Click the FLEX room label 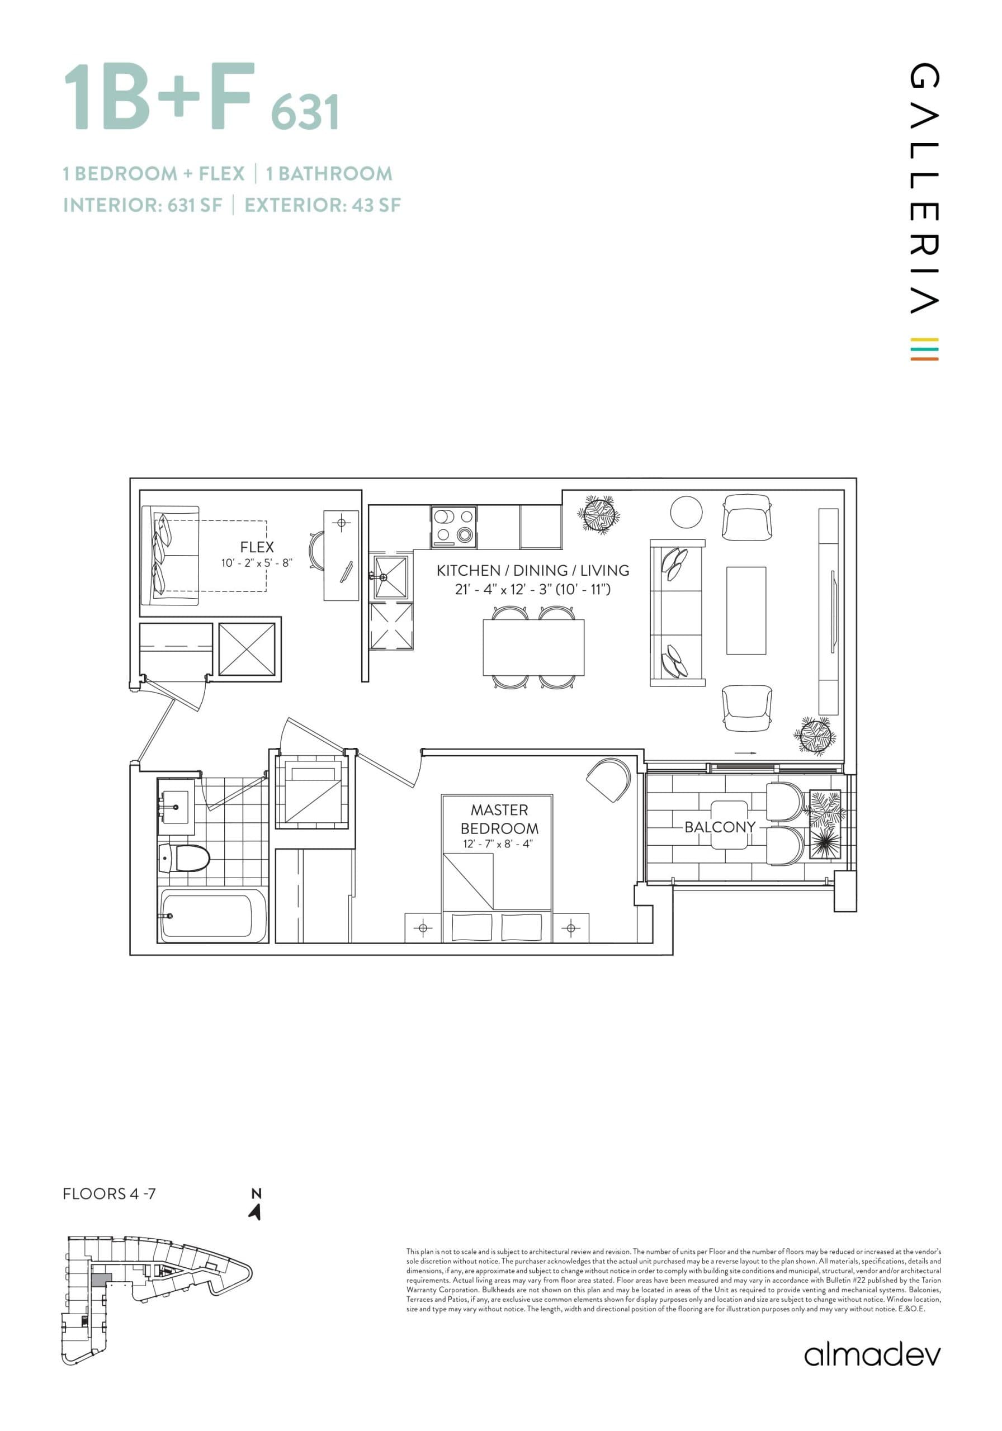[256, 547]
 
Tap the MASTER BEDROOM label [499, 819]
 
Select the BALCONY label [720, 827]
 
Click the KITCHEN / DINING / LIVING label [532, 570]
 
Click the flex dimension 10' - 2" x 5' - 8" [256, 563]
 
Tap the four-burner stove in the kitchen [453, 527]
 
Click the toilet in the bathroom [183, 858]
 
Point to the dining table [533, 647]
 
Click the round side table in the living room [686, 511]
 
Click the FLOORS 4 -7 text [109, 1193]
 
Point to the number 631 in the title [305, 112]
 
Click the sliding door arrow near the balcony [745, 753]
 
